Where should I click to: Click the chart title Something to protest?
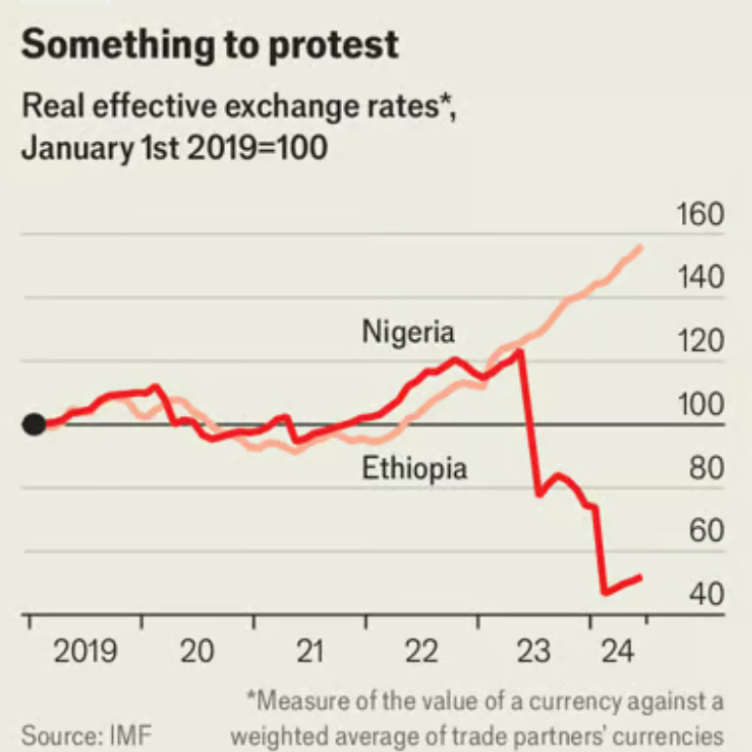tap(208, 45)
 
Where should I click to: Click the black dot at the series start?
tap(34, 425)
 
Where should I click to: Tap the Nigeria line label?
tap(408, 331)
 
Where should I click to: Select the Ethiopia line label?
tap(415, 469)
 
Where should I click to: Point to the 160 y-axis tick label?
tap(700, 215)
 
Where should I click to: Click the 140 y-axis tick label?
tap(700, 279)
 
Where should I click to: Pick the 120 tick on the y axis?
tap(700, 342)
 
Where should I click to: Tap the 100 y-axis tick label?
tap(700, 405)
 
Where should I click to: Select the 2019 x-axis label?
tap(85, 651)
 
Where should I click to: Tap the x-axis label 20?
tap(198, 651)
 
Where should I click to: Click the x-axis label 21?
tap(310, 651)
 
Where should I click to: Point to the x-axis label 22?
tap(423, 651)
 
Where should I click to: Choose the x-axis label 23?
tap(535, 651)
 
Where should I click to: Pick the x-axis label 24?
tap(616, 651)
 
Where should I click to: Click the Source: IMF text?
tap(87, 733)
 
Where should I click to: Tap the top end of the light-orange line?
tap(640, 246)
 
